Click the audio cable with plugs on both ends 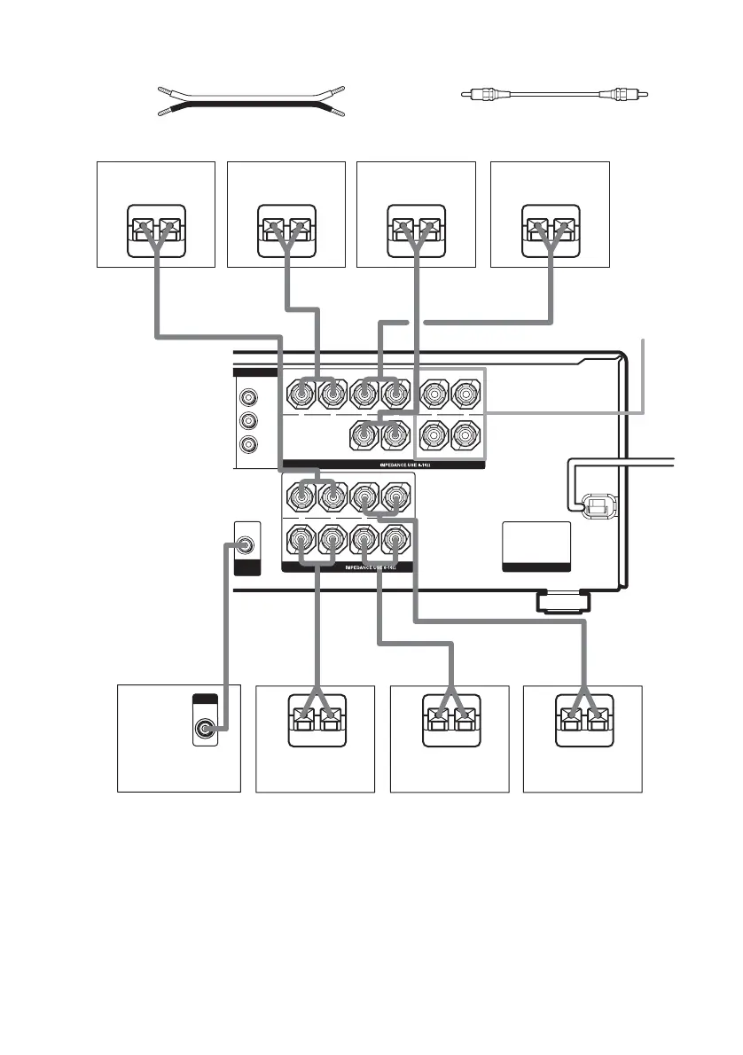pos(555,92)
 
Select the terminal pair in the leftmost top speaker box pos(156,221)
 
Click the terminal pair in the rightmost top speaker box pos(551,221)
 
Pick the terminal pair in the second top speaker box pos(286,221)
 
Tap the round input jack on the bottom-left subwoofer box pos(207,731)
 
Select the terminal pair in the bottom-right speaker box pos(583,717)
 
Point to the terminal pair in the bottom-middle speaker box pos(450,717)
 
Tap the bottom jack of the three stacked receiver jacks pos(252,444)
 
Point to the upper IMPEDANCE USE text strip pos(384,464)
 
